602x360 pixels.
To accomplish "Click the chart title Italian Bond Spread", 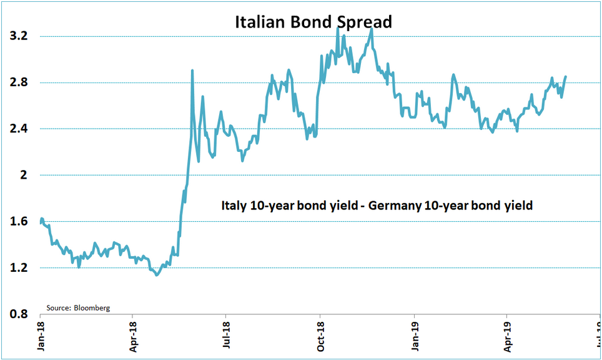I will pos(313,22).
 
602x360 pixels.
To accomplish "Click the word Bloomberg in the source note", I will pos(92,308).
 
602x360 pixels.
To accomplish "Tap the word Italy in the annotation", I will pos(233,205).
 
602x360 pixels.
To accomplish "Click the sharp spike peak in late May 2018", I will pos(192,71).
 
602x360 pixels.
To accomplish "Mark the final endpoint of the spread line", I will pos(566,77).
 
